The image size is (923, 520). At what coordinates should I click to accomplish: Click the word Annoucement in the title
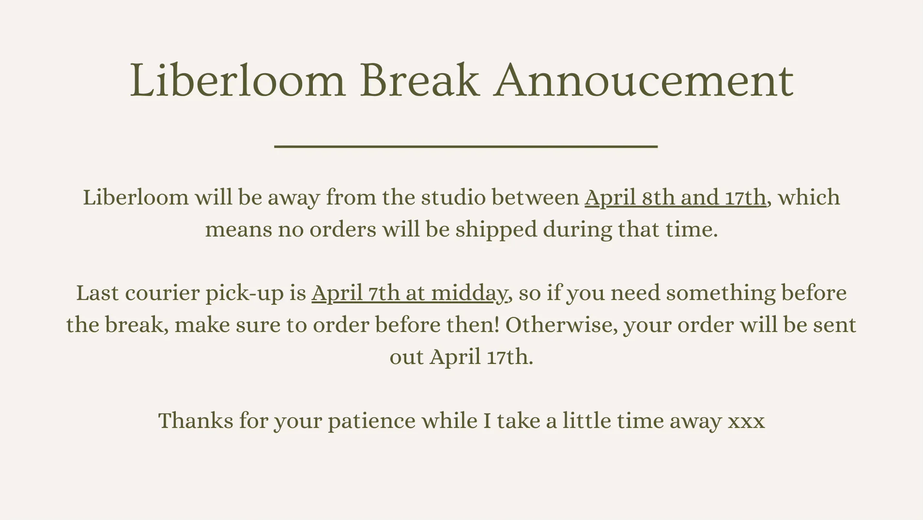point(644,80)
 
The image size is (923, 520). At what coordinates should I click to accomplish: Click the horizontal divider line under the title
point(466,146)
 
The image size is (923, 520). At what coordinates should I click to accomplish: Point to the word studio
point(453,197)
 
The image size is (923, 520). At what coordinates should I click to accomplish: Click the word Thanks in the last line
point(196,421)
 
